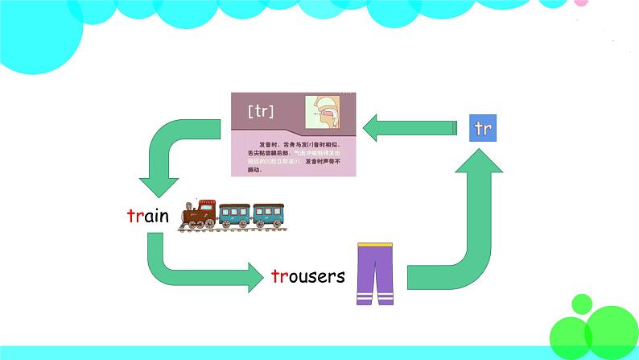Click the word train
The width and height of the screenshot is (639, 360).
point(148,216)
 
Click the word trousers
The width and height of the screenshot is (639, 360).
point(308,276)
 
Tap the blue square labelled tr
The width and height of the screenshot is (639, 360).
point(483,128)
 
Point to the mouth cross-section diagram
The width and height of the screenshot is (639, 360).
point(329,114)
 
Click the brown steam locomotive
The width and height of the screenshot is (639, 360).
point(199,213)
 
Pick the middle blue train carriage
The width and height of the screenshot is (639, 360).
point(234,214)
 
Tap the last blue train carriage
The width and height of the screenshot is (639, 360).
point(270,214)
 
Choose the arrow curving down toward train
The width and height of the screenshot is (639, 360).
point(165,157)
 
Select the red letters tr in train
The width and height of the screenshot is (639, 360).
point(134,216)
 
